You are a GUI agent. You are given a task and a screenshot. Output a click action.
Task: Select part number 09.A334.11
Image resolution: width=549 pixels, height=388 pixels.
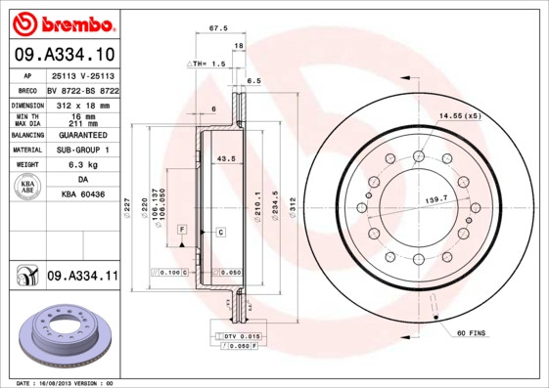pos(81,279)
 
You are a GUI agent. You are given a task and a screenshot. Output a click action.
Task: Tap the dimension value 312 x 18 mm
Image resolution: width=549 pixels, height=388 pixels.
pos(81,104)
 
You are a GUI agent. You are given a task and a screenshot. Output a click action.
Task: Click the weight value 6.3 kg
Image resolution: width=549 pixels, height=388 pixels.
pos(81,165)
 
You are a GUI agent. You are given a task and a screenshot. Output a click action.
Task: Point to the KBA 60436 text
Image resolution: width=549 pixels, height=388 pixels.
pos(81,195)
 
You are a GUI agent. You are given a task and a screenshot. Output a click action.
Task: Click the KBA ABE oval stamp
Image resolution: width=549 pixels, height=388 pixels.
pos(28,188)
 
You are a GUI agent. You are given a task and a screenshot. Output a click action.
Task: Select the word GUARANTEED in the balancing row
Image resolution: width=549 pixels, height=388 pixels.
pos(81,135)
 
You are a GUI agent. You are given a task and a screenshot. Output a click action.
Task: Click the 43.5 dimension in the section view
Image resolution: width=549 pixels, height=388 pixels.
pos(225,158)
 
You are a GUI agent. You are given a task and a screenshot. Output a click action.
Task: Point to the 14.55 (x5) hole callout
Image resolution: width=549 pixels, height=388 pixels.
pos(459,117)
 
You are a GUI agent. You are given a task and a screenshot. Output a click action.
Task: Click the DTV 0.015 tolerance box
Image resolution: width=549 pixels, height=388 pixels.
pos(238,335)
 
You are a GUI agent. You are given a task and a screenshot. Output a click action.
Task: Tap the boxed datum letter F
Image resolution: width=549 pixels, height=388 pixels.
pos(182,229)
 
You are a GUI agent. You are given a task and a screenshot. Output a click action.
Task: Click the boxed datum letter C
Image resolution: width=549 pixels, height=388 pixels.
pos(220,232)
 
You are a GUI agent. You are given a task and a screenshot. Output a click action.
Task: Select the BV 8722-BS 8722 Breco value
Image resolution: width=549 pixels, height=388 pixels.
pos(81,89)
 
